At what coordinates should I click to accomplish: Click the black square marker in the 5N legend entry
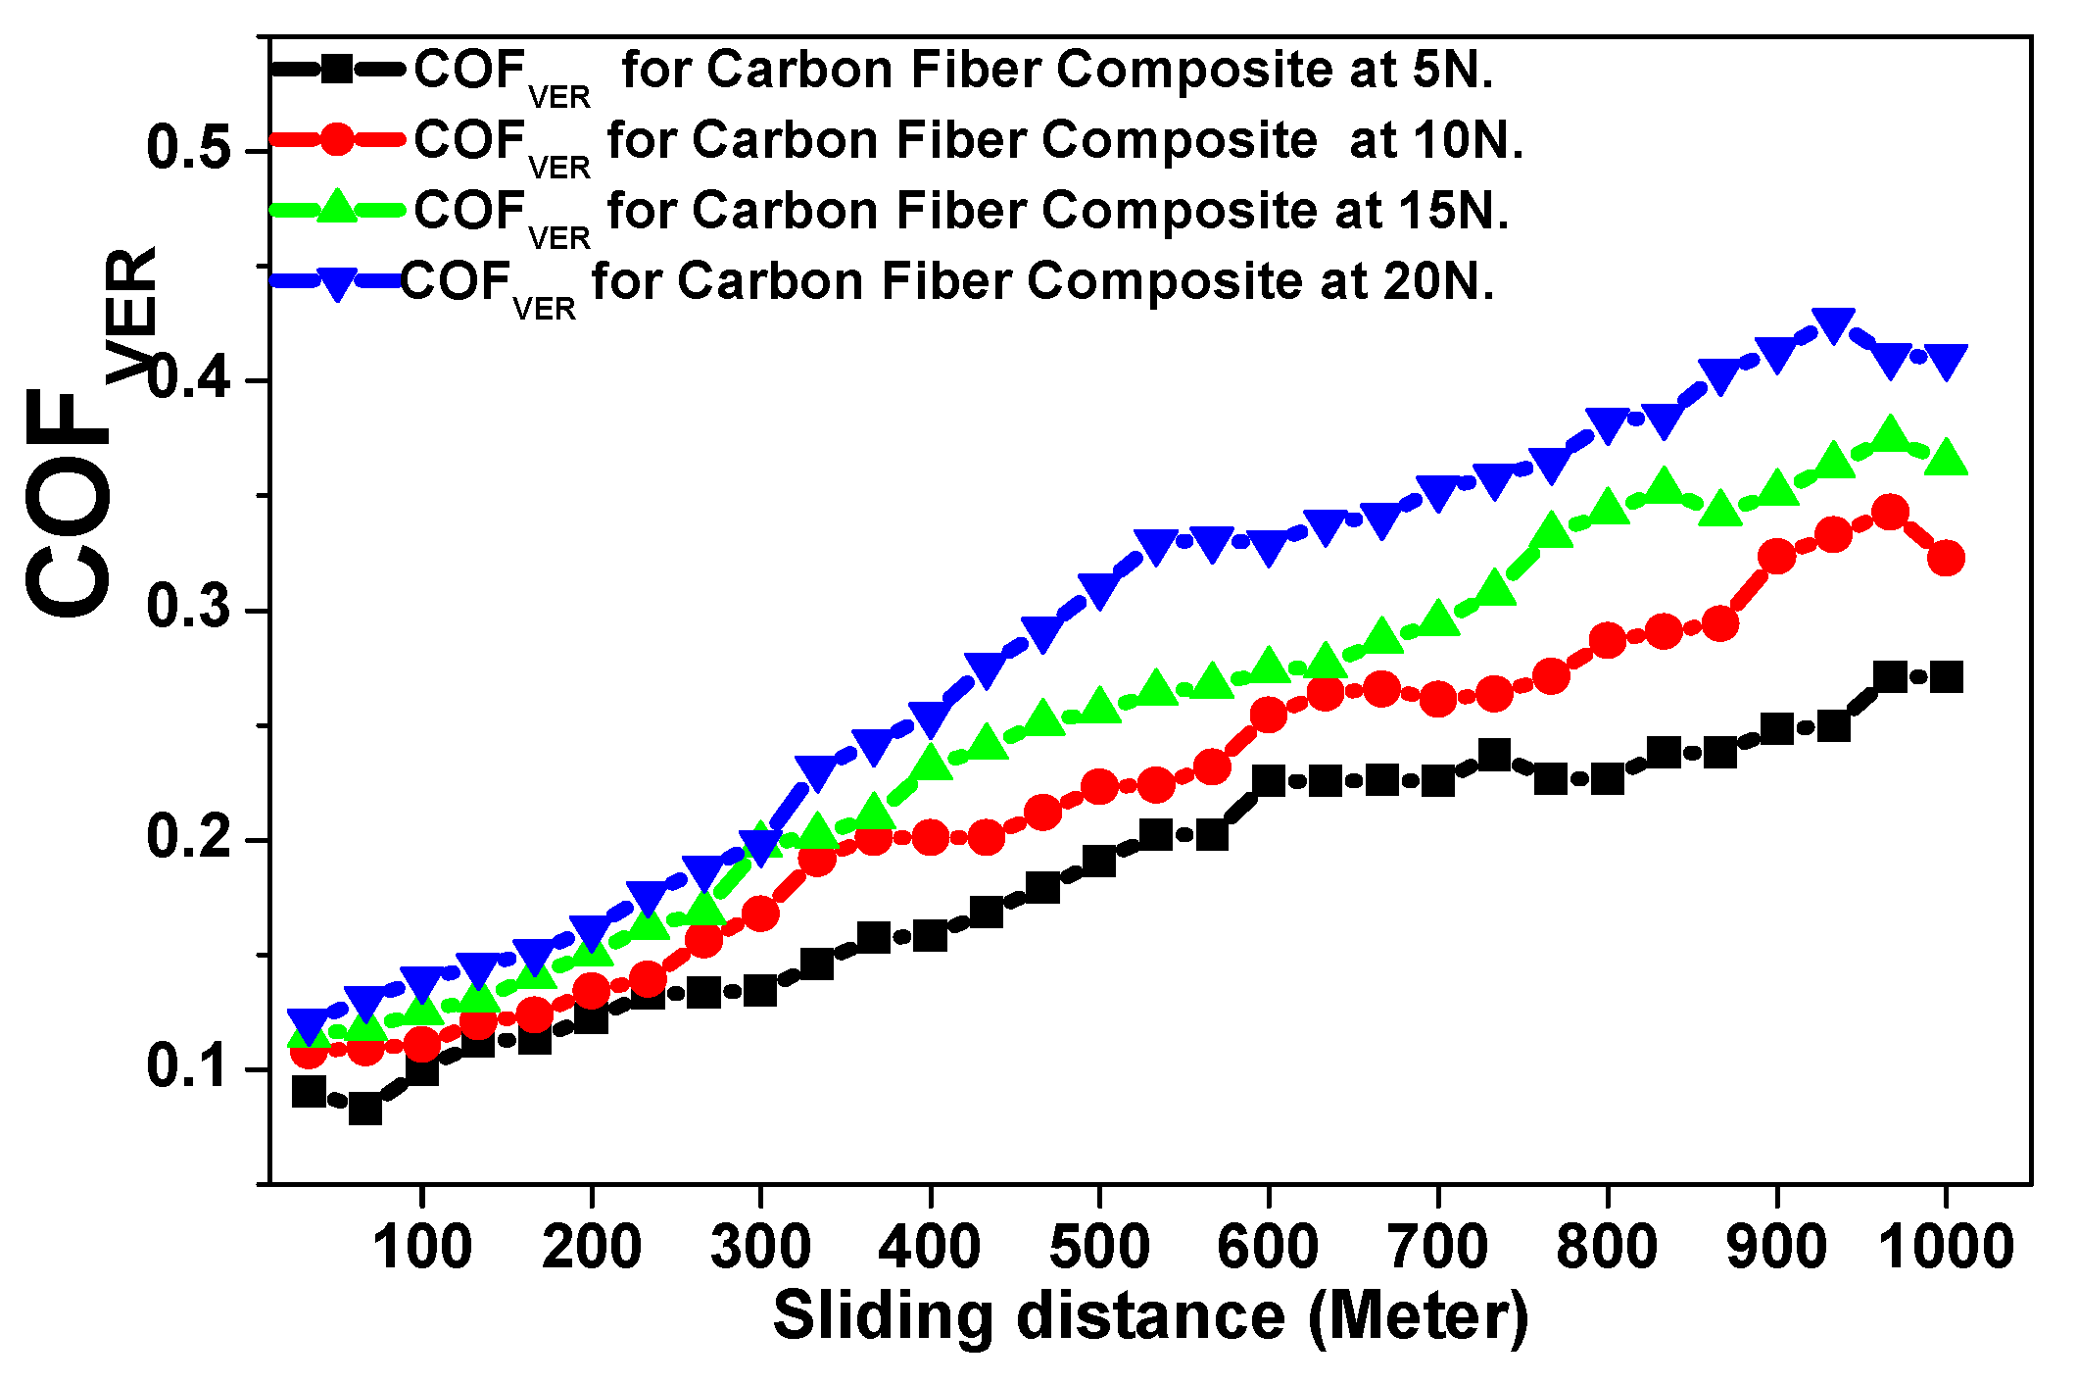coord(337,70)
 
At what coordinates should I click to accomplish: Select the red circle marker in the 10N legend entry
coord(337,140)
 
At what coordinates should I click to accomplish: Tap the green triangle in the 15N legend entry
coord(337,207)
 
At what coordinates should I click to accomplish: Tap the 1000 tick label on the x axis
coord(1946,1247)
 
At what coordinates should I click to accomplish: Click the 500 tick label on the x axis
coord(1099,1247)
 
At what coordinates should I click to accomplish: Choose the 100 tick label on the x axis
coord(422,1247)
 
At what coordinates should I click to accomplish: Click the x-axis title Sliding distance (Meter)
coord(1150,1315)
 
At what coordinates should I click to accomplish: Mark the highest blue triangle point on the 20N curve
coord(1833,324)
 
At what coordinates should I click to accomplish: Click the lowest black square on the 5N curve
coord(365,1109)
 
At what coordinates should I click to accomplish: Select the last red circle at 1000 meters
coord(1946,558)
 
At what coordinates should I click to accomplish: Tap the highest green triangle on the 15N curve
coord(1890,434)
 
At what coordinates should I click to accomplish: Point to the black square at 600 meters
coord(1269,780)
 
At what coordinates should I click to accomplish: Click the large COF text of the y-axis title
coord(69,505)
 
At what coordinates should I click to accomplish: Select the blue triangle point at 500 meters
coord(1099,591)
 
